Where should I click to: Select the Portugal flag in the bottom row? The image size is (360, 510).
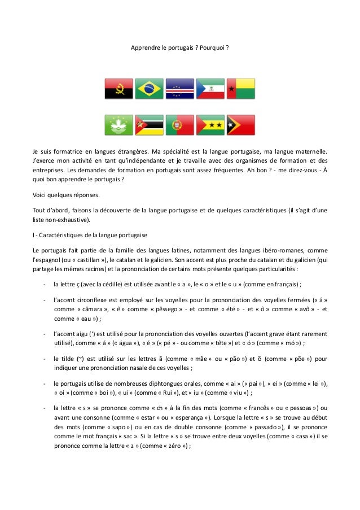coord(179,125)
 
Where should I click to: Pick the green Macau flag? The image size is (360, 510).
coord(119,125)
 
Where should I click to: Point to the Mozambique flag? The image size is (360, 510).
coord(150,125)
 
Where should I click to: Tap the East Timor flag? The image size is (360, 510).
coord(240,125)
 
